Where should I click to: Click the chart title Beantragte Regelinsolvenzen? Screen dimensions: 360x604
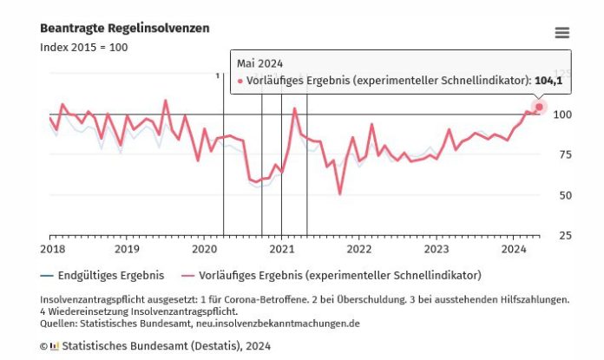point(124,29)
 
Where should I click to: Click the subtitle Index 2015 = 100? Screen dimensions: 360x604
point(83,47)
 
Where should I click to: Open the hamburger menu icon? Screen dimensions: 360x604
point(562,33)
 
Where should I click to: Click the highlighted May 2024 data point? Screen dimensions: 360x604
point(539,107)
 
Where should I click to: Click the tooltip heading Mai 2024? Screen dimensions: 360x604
point(259,63)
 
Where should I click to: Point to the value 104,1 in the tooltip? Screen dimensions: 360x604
point(548,81)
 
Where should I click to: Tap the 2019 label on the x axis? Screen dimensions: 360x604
point(127,249)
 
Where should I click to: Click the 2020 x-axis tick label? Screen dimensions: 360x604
point(204,249)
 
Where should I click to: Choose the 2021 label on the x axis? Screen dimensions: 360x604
point(281,249)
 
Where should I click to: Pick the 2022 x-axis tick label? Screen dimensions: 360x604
point(358,249)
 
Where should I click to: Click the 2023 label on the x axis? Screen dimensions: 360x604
point(436,249)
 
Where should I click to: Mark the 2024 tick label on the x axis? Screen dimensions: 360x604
point(513,249)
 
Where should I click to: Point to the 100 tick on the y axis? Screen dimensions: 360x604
point(562,115)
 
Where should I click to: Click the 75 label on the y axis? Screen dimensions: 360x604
point(565,155)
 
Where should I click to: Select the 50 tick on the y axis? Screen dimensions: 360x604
point(565,195)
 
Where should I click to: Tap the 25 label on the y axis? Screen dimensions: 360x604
point(565,235)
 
